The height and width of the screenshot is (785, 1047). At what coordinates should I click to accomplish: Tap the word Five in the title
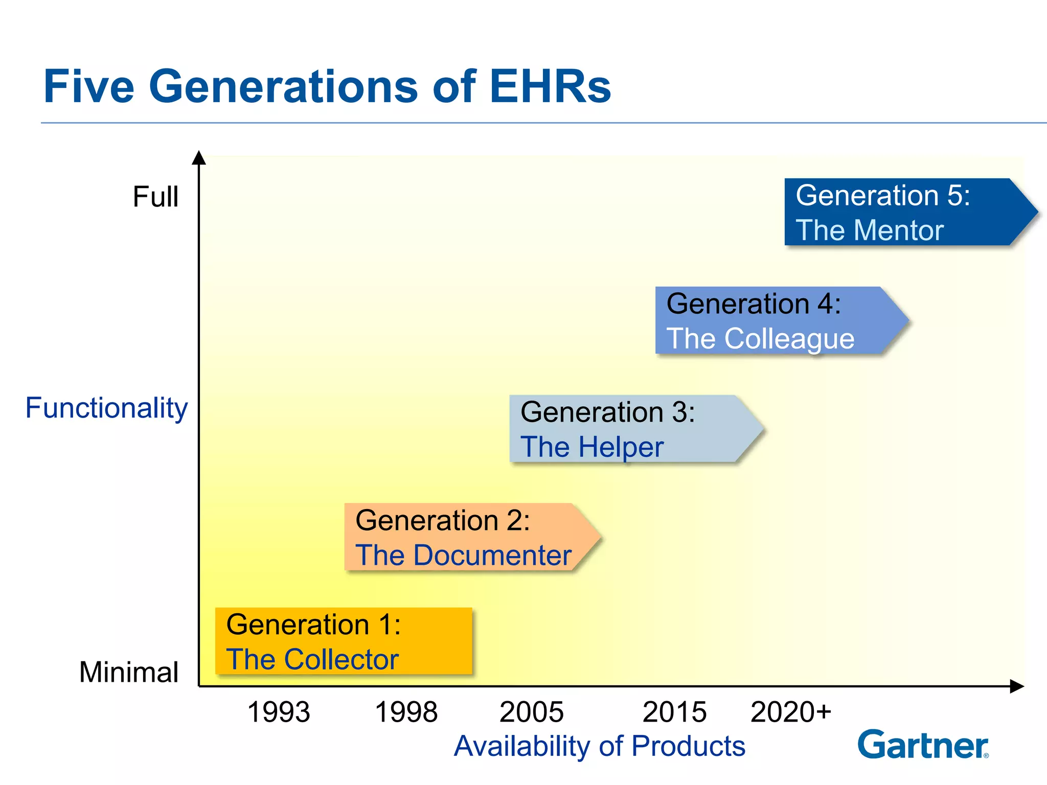click(x=89, y=87)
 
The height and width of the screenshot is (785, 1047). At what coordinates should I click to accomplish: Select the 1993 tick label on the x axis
click(x=279, y=712)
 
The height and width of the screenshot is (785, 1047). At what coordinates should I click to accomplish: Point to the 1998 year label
click(x=406, y=712)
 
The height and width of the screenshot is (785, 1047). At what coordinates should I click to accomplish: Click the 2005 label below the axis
click(x=531, y=712)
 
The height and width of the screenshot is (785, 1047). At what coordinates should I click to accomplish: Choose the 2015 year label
click(x=674, y=712)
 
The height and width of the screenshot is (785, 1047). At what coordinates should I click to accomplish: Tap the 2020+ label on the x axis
click(x=791, y=712)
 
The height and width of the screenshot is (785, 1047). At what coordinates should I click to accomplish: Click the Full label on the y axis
click(x=155, y=197)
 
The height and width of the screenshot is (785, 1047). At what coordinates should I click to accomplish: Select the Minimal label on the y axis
click(x=129, y=672)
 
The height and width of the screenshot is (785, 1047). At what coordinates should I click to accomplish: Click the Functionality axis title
click(x=106, y=408)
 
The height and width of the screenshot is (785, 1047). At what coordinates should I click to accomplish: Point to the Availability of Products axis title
click(x=599, y=746)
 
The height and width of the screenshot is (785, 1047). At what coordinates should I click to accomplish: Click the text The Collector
click(x=312, y=659)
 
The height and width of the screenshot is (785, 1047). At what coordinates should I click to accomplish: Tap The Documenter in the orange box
click(x=463, y=555)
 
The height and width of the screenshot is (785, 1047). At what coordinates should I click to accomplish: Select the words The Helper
click(x=592, y=447)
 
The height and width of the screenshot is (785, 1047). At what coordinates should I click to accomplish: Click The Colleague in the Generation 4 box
click(x=760, y=338)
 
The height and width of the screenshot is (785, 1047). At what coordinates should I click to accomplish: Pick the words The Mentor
click(x=870, y=230)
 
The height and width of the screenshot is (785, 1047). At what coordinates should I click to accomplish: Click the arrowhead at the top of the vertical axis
click(x=199, y=158)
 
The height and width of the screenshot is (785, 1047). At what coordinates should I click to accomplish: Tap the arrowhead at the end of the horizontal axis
click(x=1017, y=686)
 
